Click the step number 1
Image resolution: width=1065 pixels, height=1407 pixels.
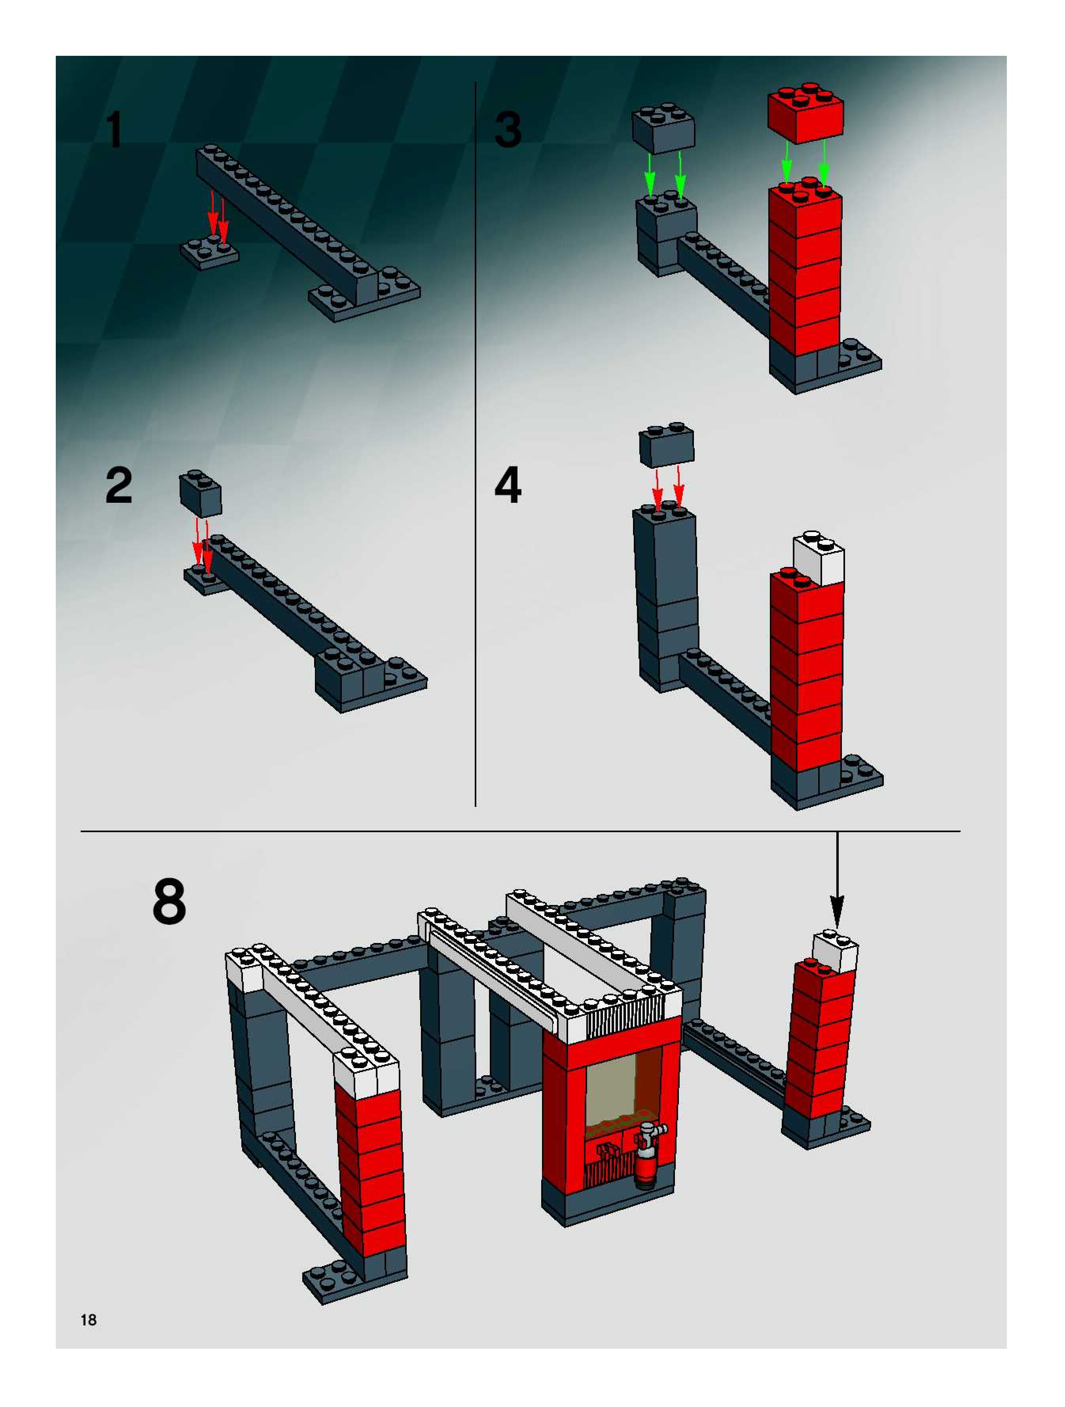[114, 130]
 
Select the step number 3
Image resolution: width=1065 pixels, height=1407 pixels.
[508, 130]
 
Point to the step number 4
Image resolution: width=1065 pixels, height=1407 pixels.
[508, 485]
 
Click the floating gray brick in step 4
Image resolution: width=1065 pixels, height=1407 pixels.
[666, 445]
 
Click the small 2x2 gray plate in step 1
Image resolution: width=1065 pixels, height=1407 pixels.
[209, 253]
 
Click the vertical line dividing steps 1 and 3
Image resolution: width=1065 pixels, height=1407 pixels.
[476, 445]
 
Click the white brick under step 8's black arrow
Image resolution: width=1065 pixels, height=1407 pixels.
[835, 952]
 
